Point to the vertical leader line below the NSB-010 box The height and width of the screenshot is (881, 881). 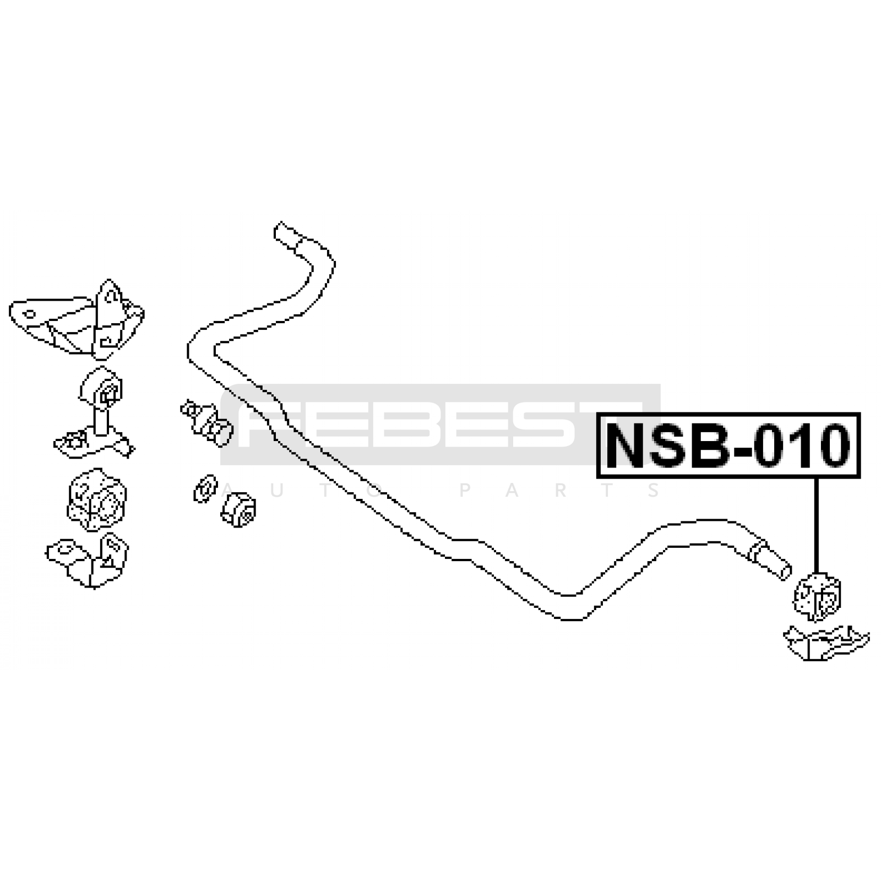816,523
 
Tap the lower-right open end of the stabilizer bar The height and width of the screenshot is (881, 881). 785,572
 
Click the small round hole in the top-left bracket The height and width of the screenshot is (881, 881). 30,314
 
